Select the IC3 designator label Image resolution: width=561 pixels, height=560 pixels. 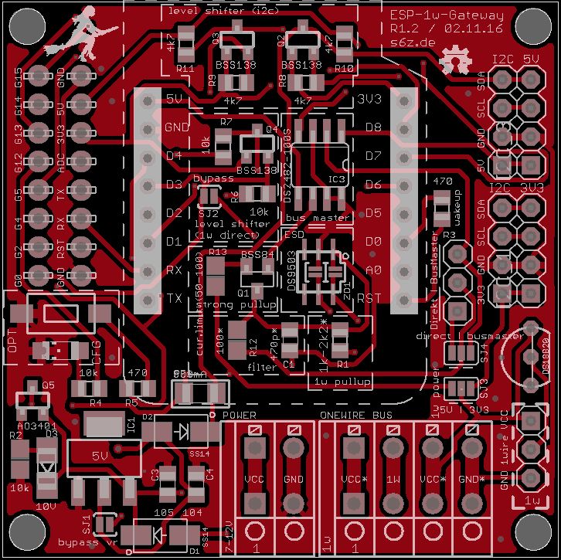(x=337, y=179)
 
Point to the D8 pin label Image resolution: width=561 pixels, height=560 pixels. (x=373, y=127)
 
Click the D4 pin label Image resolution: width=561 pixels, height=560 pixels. (x=174, y=155)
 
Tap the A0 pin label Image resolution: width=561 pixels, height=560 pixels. (x=373, y=270)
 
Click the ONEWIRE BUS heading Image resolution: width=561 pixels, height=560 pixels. (x=356, y=415)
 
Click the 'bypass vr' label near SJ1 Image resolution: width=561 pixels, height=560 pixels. (x=87, y=541)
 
